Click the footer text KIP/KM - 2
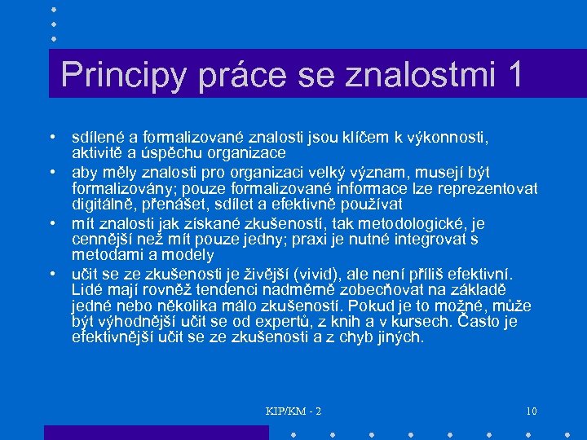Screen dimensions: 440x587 pyautogui.click(x=293, y=410)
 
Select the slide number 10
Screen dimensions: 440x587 pyautogui.click(x=531, y=410)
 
